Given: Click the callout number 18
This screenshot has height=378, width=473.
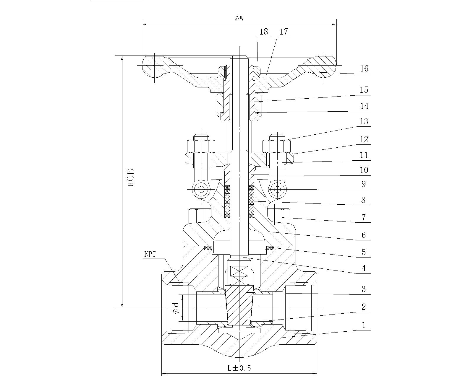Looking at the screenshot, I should pyautogui.click(x=264, y=32).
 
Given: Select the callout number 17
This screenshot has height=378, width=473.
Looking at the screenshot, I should pyautogui.click(x=284, y=32).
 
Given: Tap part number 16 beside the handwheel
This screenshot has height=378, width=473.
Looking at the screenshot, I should pyautogui.click(x=364, y=69).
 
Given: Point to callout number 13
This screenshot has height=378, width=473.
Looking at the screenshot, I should pyautogui.click(x=364, y=121).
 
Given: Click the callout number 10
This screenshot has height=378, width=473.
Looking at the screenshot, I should pyautogui.click(x=364, y=170).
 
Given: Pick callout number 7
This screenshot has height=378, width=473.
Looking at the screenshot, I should pyautogui.click(x=364, y=217).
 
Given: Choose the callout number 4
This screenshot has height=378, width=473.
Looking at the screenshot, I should pyautogui.click(x=364, y=268).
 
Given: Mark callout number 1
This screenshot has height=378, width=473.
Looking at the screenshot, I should pyautogui.click(x=364, y=325).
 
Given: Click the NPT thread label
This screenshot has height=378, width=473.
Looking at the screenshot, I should pyautogui.click(x=150, y=254).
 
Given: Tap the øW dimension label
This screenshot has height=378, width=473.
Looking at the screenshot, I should pyautogui.click(x=239, y=19).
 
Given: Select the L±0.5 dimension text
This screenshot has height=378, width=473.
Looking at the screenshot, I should pyautogui.click(x=239, y=368).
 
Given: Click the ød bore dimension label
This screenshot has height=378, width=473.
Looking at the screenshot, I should pyautogui.click(x=176, y=308).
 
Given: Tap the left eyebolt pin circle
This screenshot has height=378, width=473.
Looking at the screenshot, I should pyautogui.click(x=201, y=189).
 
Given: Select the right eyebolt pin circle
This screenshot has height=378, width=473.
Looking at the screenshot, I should pyautogui.click(x=277, y=189).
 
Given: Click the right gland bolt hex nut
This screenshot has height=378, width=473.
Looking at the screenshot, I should pyautogui.click(x=277, y=146).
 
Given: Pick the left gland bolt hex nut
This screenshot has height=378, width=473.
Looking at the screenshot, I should pyautogui.click(x=201, y=146).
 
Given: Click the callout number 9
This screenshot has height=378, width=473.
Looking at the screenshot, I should pyautogui.click(x=364, y=184).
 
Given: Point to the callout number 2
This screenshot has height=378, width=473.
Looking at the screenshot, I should pyautogui.click(x=364, y=307).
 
